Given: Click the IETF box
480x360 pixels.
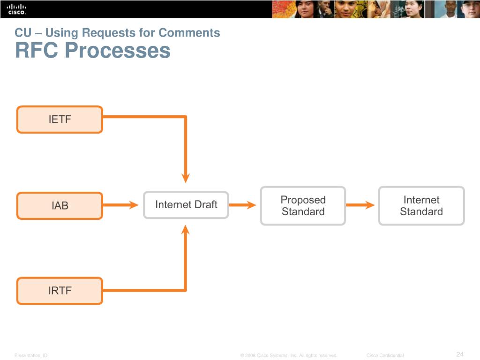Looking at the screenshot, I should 60,120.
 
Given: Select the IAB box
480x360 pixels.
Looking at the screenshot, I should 60,206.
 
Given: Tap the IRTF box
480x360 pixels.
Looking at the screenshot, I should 60,291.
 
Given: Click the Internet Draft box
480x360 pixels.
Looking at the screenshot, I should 186,205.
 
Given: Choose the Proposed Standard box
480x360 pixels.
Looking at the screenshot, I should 303,206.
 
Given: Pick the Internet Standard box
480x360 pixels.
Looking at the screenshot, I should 421,206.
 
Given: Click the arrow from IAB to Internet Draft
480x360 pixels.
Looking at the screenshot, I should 120,205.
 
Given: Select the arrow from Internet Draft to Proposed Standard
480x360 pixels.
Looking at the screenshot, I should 243,205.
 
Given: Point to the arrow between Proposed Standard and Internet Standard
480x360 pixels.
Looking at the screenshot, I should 360,205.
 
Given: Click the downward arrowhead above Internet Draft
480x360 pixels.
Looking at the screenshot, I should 186,178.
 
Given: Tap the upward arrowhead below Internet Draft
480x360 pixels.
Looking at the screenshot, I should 186,230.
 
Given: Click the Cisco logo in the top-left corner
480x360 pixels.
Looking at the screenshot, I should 17,9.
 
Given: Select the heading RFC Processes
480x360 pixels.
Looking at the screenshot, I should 93,50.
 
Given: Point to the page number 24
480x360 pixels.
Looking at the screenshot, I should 459,354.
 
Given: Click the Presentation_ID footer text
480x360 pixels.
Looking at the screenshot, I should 31,356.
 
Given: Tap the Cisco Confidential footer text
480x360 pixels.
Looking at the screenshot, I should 385,356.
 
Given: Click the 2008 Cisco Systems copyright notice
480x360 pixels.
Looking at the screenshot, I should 289,356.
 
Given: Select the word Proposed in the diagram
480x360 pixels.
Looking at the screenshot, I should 303,200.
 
